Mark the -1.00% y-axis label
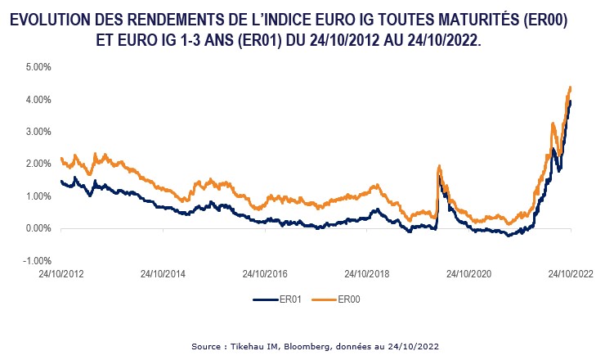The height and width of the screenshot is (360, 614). pyautogui.click(x=35, y=261)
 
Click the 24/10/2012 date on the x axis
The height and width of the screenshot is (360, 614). pyautogui.click(x=61, y=276)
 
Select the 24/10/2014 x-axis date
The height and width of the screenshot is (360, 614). pyautogui.click(x=164, y=276)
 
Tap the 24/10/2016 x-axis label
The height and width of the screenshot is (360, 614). pyautogui.click(x=265, y=276)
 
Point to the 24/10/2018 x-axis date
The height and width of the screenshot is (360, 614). pyautogui.click(x=367, y=276)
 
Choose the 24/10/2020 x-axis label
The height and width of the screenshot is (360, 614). pyautogui.click(x=469, y=276)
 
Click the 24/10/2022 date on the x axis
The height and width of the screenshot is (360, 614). pyautogui.click(x=571, y=276)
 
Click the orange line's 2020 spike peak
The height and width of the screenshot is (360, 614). pyautogui.click(x=440, y=166)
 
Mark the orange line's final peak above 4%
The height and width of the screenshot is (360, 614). pyautogui.click(x=570, y=87)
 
